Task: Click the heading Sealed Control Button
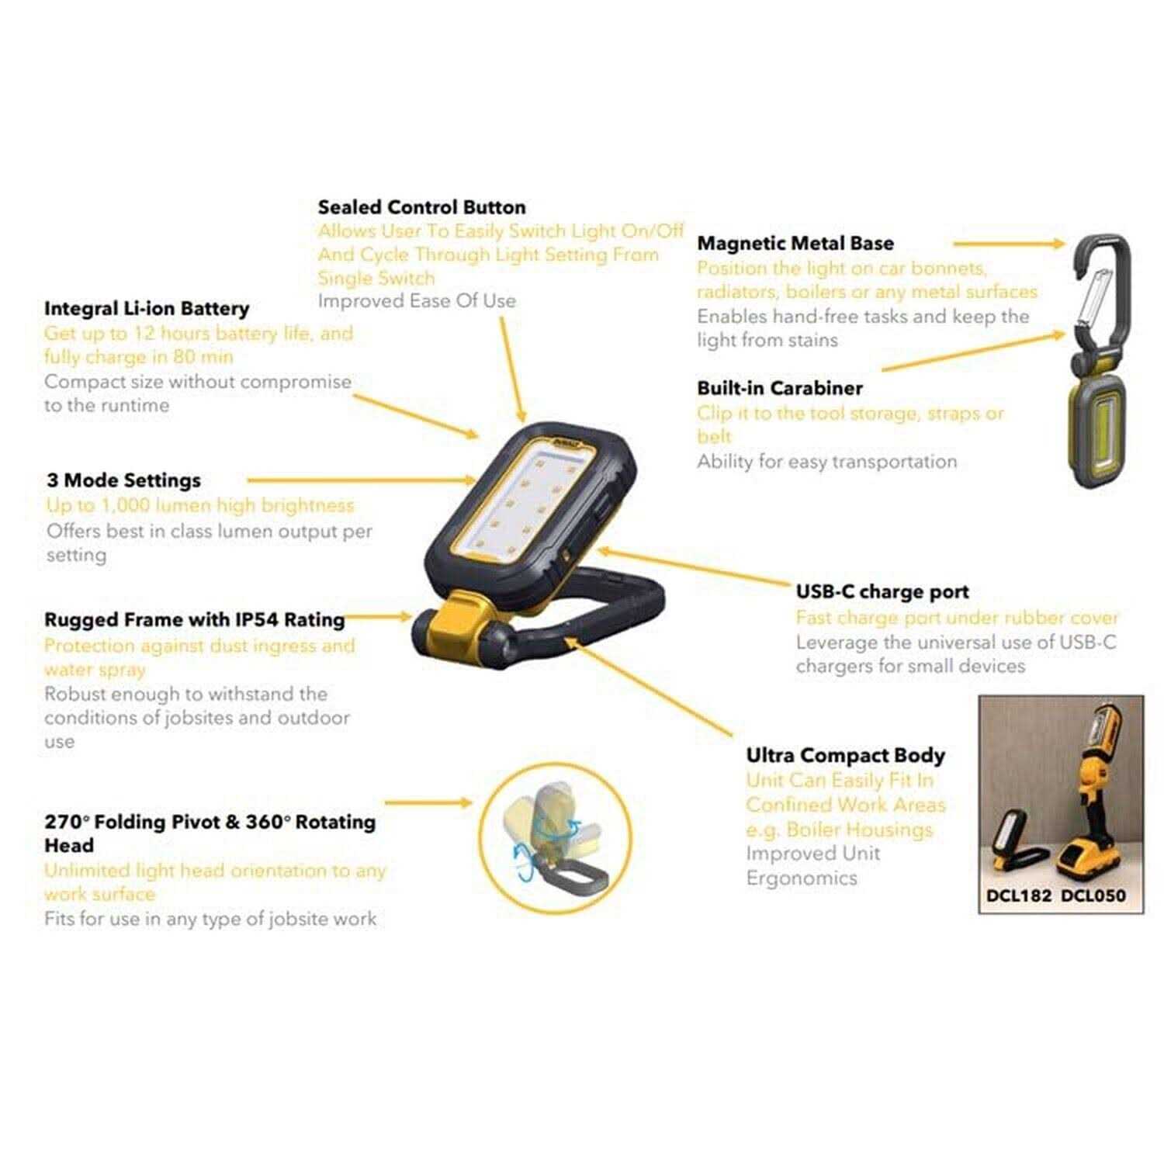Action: (421, 207)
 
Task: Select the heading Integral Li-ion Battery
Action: (147, 308)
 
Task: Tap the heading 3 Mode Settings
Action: (123, 480)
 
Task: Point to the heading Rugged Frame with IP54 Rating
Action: (194, 620)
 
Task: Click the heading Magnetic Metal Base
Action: (795, 243)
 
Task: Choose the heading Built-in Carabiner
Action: (779, 388)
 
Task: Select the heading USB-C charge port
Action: (882, 591)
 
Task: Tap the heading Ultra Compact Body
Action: (845, 755)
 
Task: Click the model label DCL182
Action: (1018, 895)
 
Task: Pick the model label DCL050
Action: (1093, 895)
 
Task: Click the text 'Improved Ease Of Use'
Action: (416, 301)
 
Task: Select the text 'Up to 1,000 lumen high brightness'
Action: (199, 505)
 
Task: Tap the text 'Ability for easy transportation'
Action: (826, 462)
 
